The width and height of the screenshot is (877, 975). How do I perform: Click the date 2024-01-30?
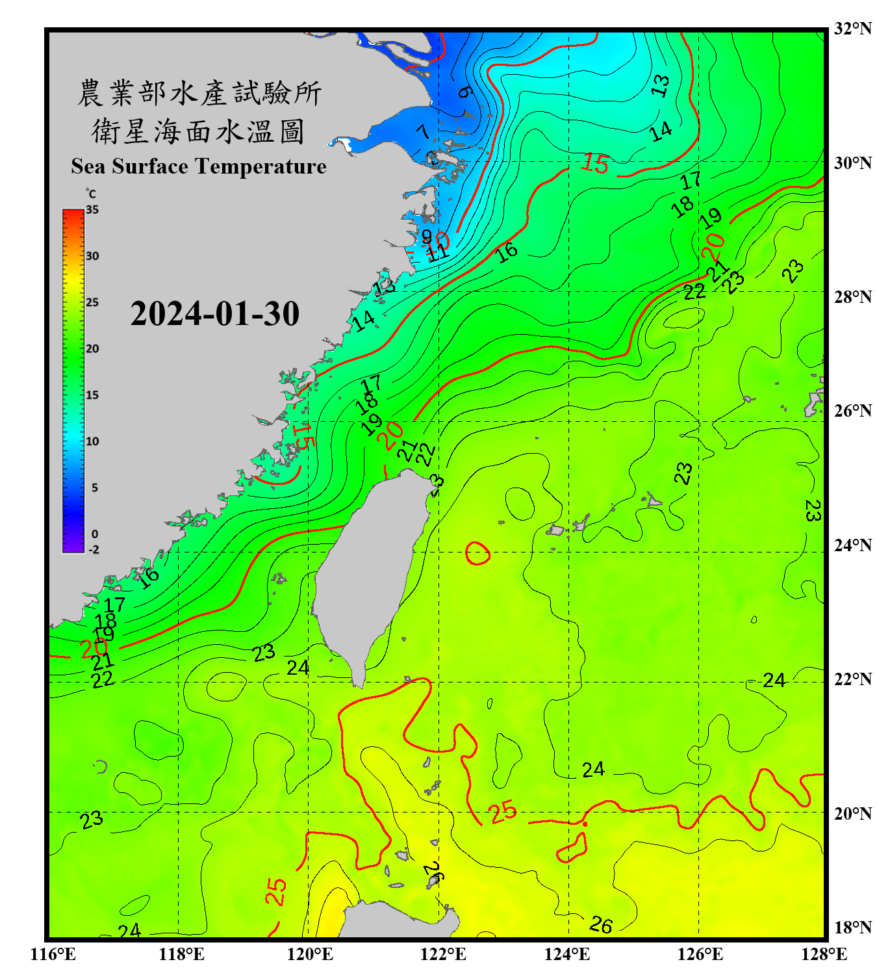(214, 314)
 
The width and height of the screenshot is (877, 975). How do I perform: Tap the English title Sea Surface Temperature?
(199, 166)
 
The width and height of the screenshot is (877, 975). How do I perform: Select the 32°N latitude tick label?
(852, 29)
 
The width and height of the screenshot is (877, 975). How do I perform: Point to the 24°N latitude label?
(852, 545)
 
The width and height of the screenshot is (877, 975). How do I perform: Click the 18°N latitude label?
(852, 928)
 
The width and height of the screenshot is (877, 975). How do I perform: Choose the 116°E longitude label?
(53, 954)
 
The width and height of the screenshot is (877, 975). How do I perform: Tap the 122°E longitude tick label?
(443, 954)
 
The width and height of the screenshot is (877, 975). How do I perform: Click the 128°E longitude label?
(824, 954)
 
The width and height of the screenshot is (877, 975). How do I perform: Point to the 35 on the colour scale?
(92, 210)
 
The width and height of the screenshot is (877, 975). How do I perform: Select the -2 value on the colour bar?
(94, 550)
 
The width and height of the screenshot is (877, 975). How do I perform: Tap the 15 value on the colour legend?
(92, 395)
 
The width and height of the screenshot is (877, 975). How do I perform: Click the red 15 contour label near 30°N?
(595, 163)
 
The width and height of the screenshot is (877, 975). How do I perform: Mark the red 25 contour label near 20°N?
(503, 812)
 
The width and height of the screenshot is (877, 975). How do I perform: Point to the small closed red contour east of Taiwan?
(478, 553)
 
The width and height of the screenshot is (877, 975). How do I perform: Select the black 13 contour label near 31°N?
(660, 85)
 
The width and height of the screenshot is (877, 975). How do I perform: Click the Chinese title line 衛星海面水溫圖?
(198, 131)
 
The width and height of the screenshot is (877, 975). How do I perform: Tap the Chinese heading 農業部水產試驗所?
(199, 93)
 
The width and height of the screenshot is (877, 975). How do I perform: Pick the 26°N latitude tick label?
(852, 411)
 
